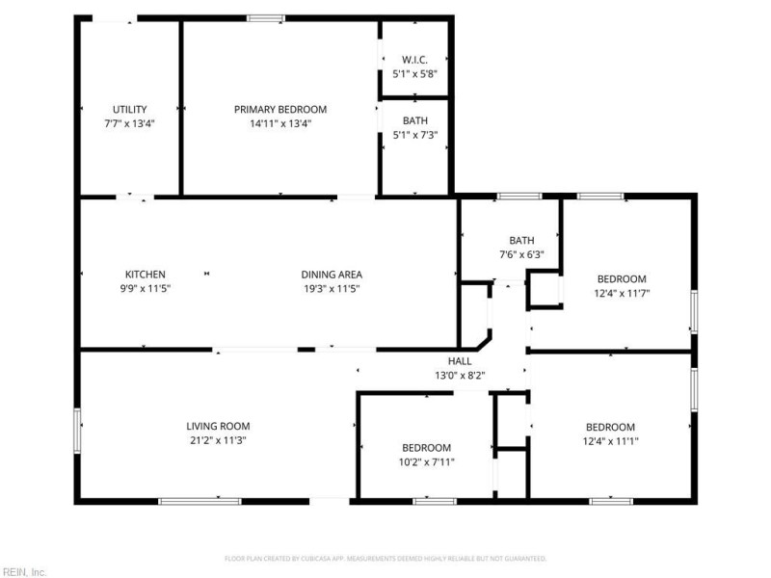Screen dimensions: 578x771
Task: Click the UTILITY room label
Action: (130, 109)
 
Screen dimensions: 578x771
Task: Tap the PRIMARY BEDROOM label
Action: (280, 109)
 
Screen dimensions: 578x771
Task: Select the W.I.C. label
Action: (415, 60)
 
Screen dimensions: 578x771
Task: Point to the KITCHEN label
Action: (146, 275)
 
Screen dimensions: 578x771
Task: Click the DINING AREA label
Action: (332, 275)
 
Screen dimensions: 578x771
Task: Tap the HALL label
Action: (459, 360)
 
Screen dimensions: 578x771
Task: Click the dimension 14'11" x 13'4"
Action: (280, 123)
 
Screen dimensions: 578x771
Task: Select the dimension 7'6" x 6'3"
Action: (521, 255)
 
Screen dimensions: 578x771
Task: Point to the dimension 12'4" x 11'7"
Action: (622, 293)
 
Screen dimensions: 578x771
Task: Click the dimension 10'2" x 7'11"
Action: (426, 462)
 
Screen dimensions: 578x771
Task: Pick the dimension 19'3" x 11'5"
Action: (332, 288)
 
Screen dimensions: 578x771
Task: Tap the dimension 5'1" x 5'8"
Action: (415, 73)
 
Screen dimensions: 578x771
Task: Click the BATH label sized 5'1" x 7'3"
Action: (415, 120)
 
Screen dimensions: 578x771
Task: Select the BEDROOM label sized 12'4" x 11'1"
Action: (611, 427)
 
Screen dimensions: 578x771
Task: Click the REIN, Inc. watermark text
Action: (25, 571)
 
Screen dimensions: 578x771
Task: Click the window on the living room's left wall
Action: (78, 430)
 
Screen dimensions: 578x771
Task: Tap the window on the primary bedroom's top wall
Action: (266, 17)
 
